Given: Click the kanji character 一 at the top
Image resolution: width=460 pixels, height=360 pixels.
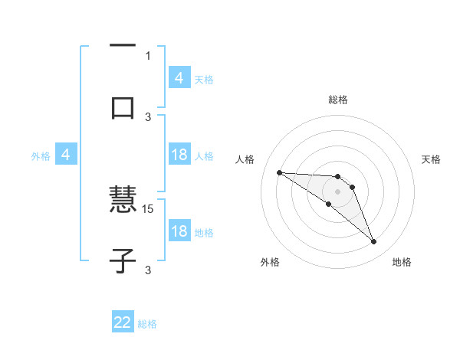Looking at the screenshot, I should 123,45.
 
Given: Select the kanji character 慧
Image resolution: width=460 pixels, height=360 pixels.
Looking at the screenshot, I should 123,201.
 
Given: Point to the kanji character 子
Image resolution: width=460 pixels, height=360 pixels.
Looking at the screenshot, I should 123,261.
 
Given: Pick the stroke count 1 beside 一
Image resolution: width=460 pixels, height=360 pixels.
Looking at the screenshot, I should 148,55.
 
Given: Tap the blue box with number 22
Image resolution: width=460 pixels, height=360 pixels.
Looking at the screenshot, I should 123,322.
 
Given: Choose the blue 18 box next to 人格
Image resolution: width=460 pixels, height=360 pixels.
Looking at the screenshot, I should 179,155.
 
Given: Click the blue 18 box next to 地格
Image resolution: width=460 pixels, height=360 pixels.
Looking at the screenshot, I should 179,231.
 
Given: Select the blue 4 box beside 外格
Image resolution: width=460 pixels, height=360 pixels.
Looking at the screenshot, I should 67,155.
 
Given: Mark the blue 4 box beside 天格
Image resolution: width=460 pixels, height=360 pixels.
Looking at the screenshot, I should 179,78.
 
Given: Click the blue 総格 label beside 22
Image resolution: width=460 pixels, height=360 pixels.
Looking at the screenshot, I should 147,324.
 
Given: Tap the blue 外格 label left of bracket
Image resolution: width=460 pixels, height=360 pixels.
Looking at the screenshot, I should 41,155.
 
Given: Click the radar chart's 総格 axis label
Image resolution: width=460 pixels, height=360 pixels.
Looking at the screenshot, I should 337,100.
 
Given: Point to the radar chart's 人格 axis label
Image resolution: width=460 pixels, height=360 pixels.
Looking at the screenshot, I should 245,159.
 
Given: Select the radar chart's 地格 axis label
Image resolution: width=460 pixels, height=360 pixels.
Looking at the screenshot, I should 402,263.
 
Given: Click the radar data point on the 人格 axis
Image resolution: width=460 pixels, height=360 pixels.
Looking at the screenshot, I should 279,172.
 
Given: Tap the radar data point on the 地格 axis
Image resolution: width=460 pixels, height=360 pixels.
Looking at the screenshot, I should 374,242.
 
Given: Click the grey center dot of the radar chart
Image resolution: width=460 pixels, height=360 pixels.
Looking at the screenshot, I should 337,191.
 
